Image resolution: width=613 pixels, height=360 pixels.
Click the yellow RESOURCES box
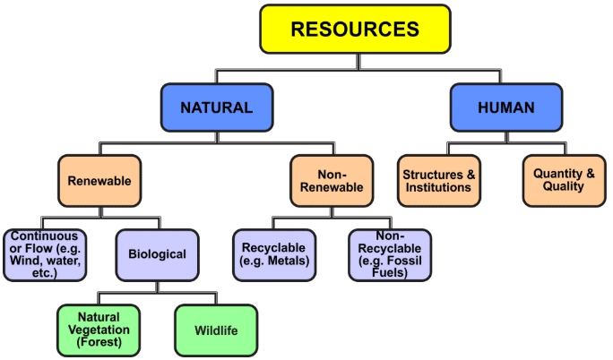pyautogui.click(x=355, y=29)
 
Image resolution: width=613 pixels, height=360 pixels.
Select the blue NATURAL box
pyautogui.click(x=216, y=107)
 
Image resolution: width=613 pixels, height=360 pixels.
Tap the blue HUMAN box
pyautogui.click(x=505, y=107)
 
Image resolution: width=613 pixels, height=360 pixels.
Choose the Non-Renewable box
pyautogui.click(x=331, y=180)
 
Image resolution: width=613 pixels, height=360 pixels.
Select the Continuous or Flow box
pyautogui.click(x=46, y=254)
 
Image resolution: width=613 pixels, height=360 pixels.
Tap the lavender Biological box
pyautogui.click(x=157, y=254)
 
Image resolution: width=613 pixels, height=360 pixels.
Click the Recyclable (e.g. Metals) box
pyautogui.click(x=274, y=254)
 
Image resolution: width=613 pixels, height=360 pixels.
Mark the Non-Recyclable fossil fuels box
pyautogui.click(x=389, y=254)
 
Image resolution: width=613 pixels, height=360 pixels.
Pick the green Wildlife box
pyautogui.click(x=216, y=330)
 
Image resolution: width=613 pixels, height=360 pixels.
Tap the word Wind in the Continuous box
pyautogui.click(x=27, y=261)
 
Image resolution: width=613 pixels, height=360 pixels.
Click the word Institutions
pyautogui.click(x=437, y=187)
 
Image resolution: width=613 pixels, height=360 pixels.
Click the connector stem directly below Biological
pyautogui.click(x=158, y=287)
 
